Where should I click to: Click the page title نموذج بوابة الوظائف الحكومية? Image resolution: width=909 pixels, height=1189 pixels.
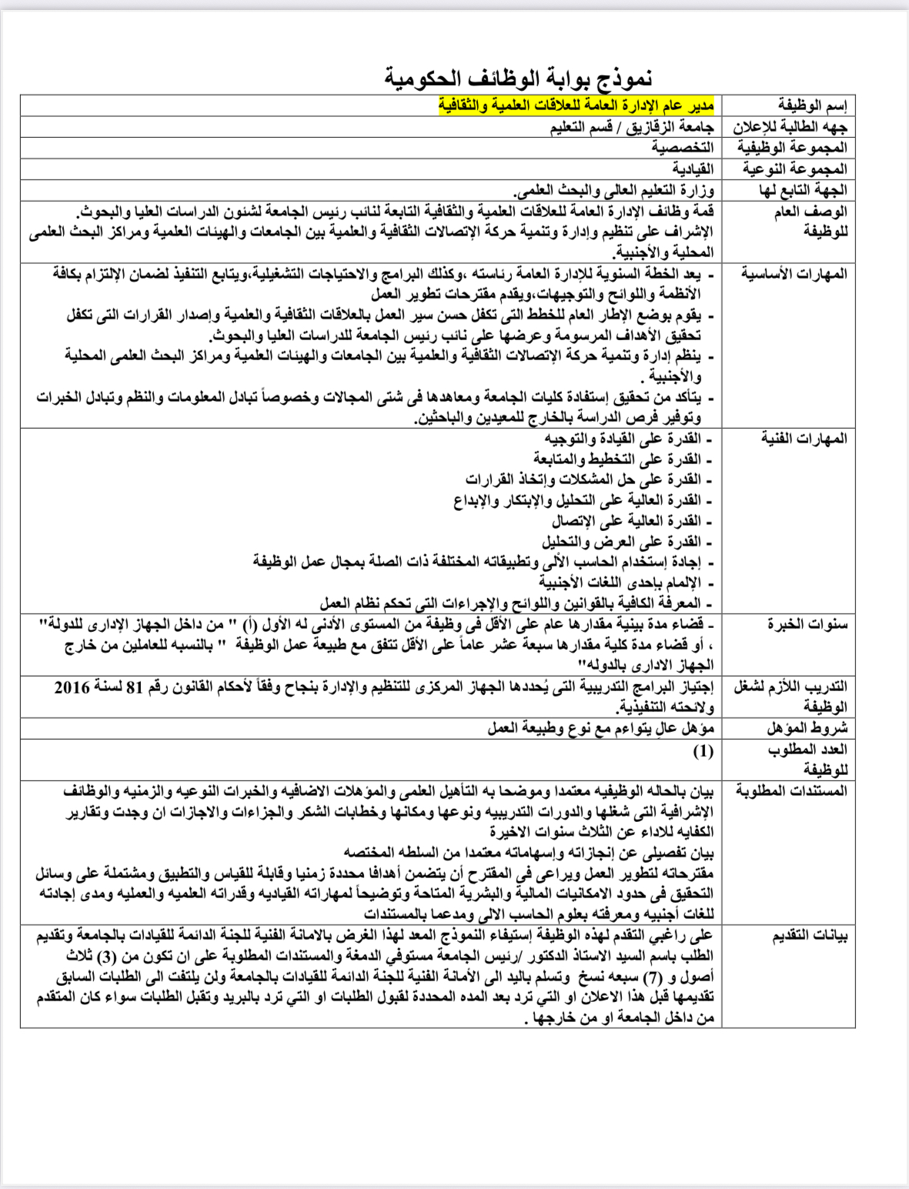(x=519, y=78)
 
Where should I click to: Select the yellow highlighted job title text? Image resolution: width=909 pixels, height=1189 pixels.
(x=576, y=105)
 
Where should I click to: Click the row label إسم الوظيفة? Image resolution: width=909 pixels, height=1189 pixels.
(x=812, y=105)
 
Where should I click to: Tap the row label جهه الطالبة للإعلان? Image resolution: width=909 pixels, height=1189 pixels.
(x=790, y=127)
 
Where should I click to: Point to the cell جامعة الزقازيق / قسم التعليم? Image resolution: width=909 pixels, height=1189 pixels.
(x=632, y=127)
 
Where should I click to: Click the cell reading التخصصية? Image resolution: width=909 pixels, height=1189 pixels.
(x=682, y=148)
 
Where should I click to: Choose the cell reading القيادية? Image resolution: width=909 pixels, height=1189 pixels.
(x=693, y=169)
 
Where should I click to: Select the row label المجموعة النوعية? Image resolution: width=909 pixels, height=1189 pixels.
(x=794, y=169)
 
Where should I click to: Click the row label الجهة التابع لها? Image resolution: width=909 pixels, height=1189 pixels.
(x=803, y=190)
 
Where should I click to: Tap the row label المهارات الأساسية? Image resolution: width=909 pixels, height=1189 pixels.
(x=794, y=273)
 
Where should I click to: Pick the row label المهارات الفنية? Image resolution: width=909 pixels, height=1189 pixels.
(x=804, y=438)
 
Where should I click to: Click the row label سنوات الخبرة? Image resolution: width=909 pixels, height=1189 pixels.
(x=807, y=623)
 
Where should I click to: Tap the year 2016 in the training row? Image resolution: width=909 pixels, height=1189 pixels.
(x=72, y=686)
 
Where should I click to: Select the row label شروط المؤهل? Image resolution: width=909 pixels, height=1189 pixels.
(x=807, y=727)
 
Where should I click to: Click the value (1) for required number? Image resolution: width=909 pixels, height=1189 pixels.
(x=703, y=750)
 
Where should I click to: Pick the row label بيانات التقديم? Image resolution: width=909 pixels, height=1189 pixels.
(x=810, y=936)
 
